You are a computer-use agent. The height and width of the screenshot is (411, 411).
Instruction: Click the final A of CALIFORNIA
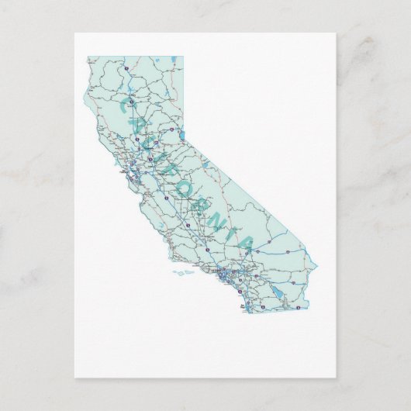click(244, 243)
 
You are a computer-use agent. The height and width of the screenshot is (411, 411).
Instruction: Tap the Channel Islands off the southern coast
click(183, 272)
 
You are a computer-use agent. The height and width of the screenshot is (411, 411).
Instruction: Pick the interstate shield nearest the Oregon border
click(125, 69)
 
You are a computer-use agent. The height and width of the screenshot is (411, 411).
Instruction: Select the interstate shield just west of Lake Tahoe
click(165, 136)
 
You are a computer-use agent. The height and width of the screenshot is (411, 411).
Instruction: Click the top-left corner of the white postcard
click(74, 33)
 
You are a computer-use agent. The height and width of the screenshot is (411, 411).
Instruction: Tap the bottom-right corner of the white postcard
click(336, 378)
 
